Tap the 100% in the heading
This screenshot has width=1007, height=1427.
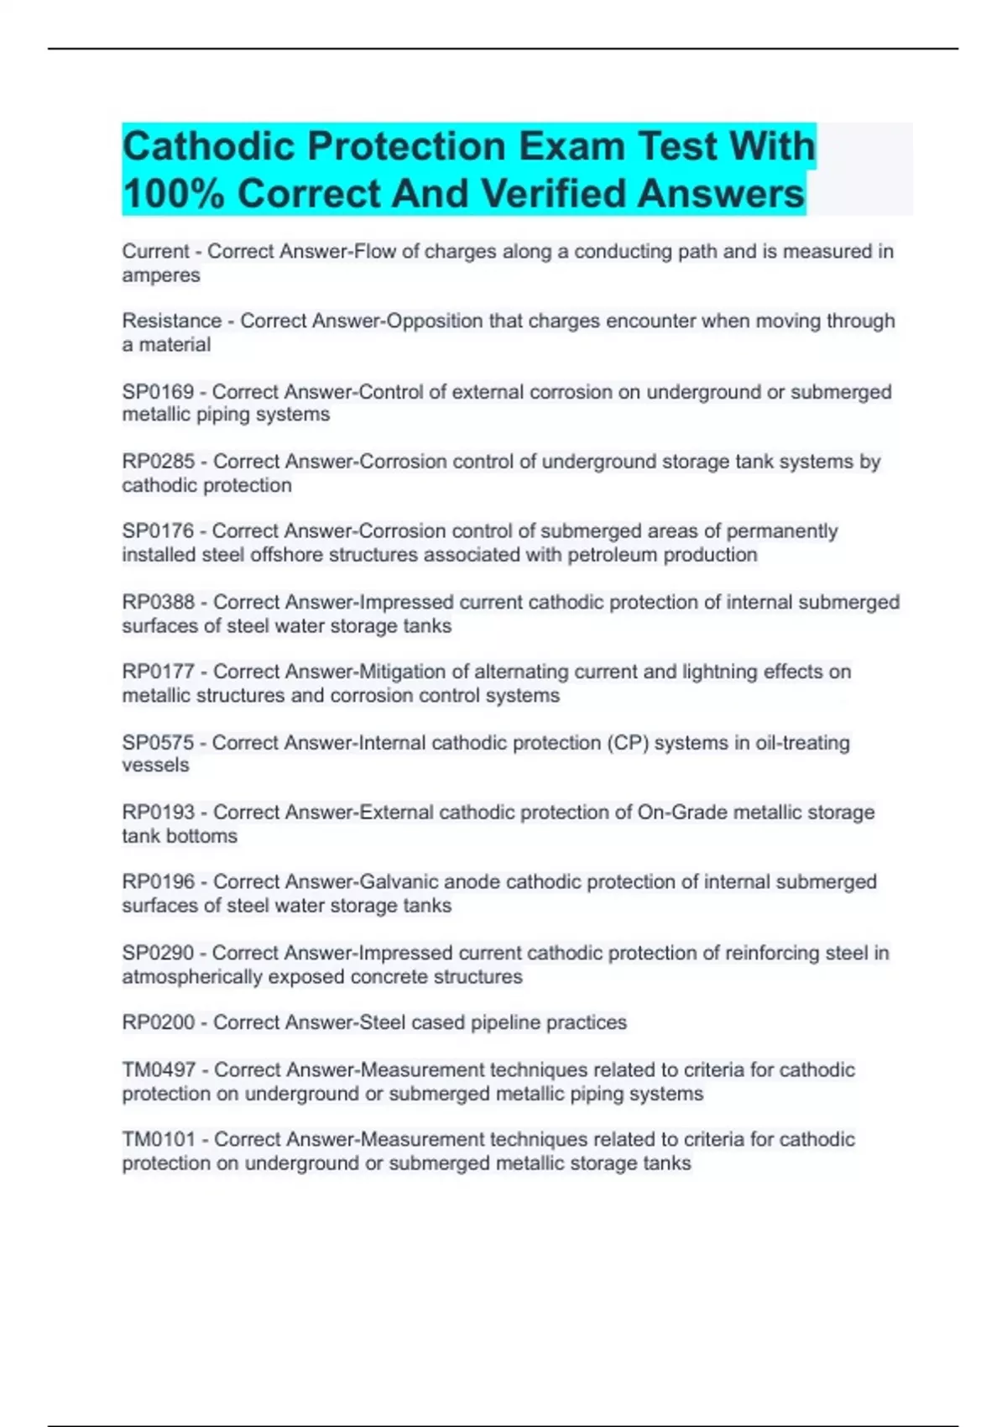173,194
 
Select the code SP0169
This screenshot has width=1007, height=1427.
158,392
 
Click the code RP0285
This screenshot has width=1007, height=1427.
159,462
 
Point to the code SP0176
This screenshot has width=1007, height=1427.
158,531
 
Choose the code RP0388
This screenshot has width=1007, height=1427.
159,602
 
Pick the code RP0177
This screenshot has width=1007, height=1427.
159,672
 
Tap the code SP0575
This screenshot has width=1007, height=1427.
158,743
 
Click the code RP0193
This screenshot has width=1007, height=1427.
159,813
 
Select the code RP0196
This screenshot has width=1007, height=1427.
159,882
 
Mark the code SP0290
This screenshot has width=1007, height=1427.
158,954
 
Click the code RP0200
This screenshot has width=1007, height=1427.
159,1022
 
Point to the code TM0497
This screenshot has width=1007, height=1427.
159,1070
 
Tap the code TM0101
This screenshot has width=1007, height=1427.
159,1140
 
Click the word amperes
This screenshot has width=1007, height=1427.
161,276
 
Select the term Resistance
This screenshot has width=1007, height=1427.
172,321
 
